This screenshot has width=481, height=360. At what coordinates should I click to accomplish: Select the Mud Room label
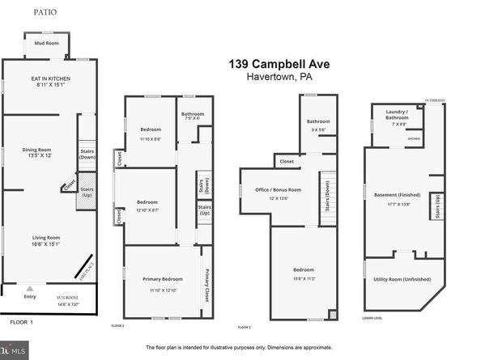(x=47, y=43)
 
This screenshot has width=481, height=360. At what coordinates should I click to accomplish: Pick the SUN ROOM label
(x=66, y=298)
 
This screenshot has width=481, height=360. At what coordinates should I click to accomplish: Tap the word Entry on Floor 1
(x=30, y=298)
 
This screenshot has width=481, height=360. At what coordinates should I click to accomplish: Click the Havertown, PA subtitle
(x=279, y=78)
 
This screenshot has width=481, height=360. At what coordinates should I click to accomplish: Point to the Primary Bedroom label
(x=162, y=279)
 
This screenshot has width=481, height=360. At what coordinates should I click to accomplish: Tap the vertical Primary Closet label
(x=207, y=284)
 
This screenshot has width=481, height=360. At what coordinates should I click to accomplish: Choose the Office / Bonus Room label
(x=279, y=189)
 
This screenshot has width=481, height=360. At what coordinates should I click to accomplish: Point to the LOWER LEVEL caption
(x=372, y=319)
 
